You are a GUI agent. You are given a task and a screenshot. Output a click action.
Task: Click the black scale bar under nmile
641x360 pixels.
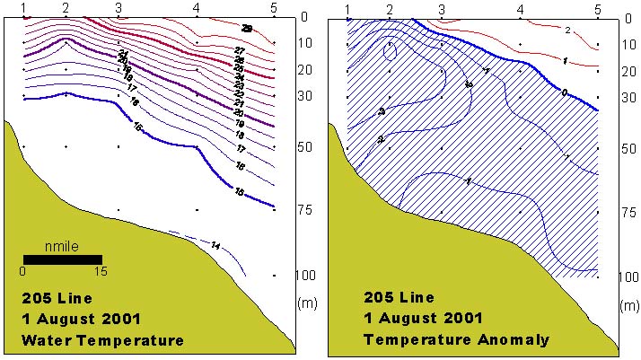click(x=62, y=259)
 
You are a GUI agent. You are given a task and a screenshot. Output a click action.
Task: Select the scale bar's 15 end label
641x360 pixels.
click(x=101, y=270)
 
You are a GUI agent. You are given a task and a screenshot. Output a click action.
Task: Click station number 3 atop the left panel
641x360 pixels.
click(x=119, y=8)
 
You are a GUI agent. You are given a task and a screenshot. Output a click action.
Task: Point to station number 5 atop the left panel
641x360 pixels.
click(x=274, y=8)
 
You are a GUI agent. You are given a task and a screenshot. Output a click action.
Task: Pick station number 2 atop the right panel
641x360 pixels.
click(x=390, y=9)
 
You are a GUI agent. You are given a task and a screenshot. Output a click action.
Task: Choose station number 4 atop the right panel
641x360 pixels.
click(x=521, y=9)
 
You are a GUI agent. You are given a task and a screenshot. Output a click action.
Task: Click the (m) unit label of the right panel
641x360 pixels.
click(x=628, y=305)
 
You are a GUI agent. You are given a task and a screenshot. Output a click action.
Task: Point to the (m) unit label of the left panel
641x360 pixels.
click(x=305, y=303)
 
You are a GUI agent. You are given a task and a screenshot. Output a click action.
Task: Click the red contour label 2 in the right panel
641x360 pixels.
click(x=568, y=31)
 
